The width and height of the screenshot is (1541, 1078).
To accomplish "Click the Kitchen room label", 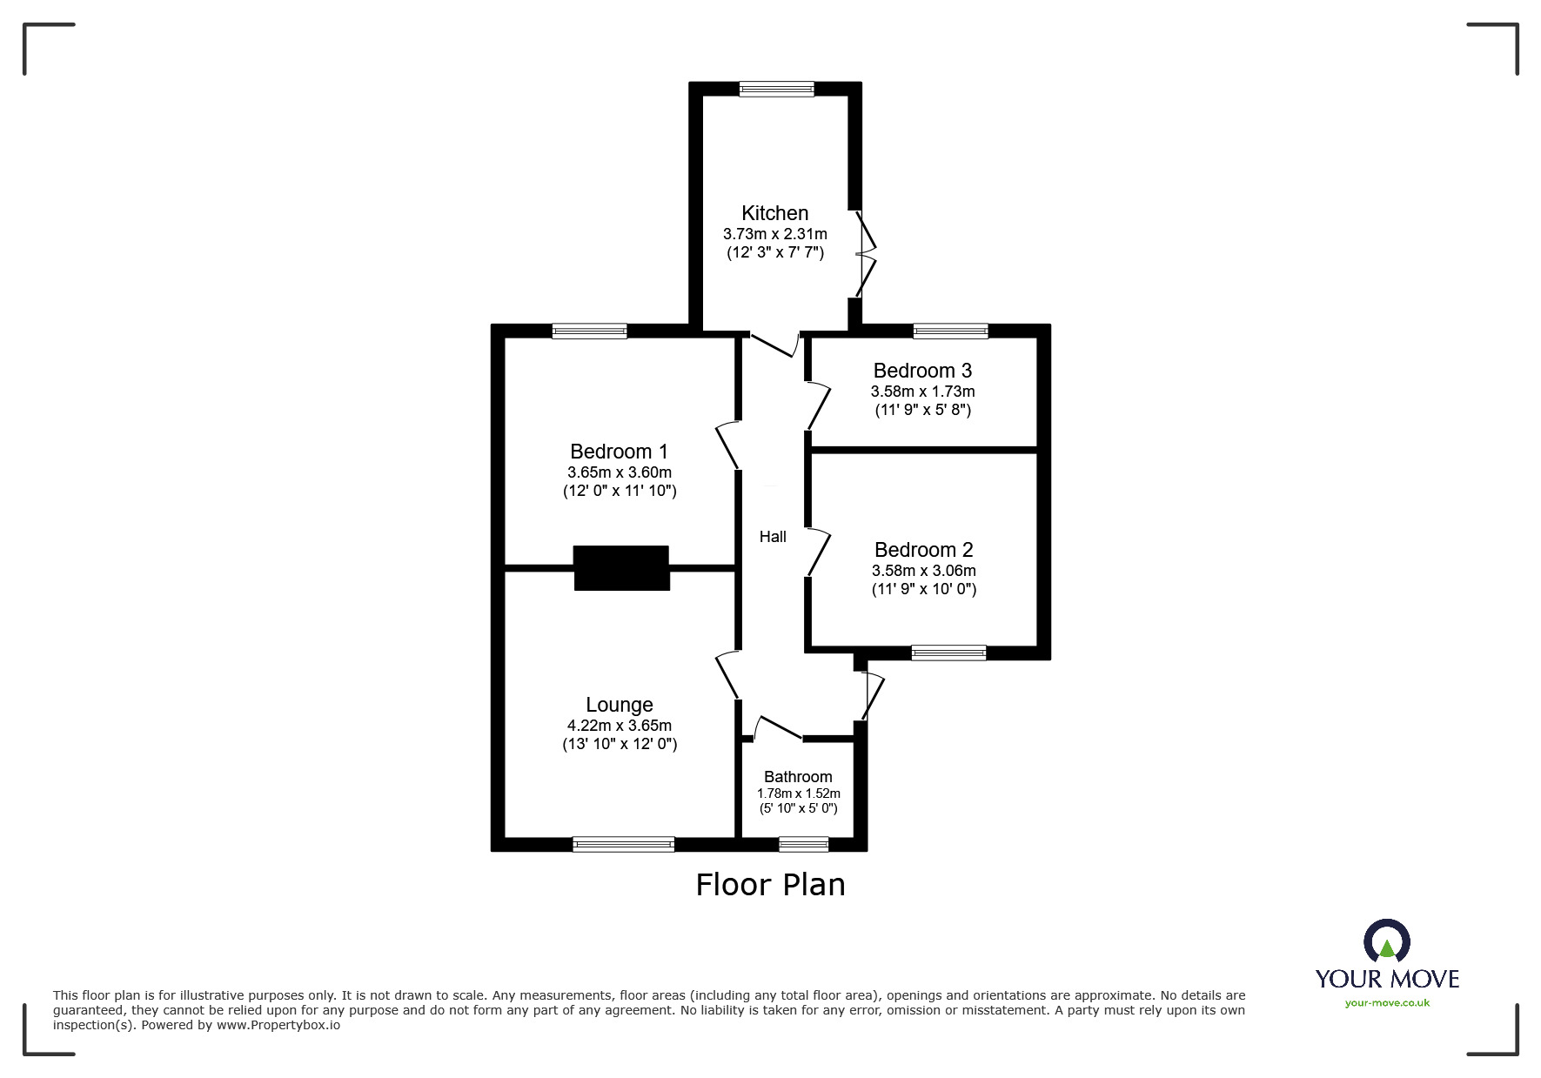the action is click(774, 213).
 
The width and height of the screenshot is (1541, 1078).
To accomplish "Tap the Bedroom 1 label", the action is click(619, 452).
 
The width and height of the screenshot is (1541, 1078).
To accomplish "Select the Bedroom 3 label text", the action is click(922, 371).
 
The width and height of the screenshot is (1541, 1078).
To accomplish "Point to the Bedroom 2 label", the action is click(923, 550).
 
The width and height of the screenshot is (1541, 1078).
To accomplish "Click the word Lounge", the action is click(619, 705).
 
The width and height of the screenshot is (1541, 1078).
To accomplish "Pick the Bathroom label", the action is click(798, 777).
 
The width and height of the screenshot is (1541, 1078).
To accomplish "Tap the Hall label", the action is click(773, 537).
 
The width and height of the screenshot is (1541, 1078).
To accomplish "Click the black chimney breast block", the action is click(621, 568).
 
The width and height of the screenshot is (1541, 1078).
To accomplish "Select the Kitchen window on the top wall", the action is click(776, 89).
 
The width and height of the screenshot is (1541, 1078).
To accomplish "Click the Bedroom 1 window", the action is click(589, 331).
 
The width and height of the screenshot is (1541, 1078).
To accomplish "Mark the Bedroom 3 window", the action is click(950, 331).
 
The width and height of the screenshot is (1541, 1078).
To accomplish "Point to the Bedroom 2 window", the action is click(948, 653).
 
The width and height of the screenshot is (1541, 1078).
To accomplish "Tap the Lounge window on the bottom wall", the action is click(623, 844).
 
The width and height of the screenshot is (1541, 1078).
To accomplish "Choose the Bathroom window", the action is click(803, 844).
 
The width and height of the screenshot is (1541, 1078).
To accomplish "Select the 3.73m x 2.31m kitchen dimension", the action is click(774, 234).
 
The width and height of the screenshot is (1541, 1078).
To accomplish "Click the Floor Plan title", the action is click(770, 885).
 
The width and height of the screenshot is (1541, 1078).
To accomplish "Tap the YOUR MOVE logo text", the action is click(1387, 979).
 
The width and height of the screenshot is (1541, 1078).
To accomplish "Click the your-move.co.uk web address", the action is click(1387, 1003).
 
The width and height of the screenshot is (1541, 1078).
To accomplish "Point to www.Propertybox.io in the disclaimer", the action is click(278, 1025).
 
